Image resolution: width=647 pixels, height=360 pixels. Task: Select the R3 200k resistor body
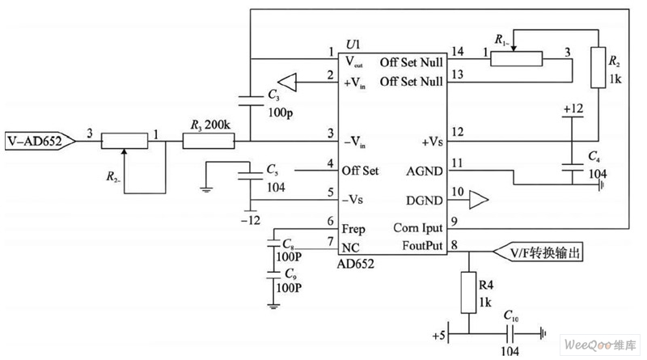(x=208, y=141)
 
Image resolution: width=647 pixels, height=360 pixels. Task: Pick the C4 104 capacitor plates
(x=572, y=167)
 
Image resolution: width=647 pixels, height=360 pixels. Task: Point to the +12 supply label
(x=572, y=108)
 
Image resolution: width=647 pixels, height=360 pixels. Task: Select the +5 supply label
(x=440, y=332)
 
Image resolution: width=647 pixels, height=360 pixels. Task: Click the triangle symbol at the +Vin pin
(x=289, y=81)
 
